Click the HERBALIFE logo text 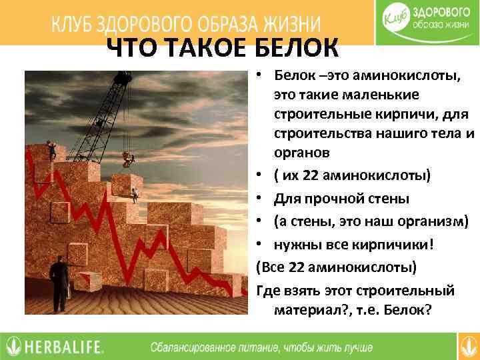pyautogui.click(x=64, y=347)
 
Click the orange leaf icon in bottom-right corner pyautogui.click(x=469, y=346)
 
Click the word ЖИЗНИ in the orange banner pyautogui.click(x=285, y=24)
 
